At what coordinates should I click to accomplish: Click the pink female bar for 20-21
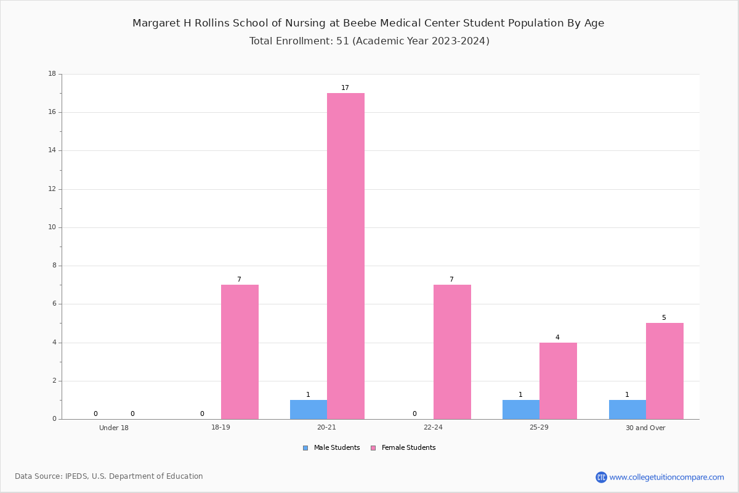pos(345,256)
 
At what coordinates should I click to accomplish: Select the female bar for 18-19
pos(240,352)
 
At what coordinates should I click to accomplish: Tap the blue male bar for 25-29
pos(521,409)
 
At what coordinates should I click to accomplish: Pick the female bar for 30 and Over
pos(664,371)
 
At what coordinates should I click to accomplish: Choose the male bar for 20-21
pos(309,409)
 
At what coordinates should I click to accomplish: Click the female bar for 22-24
pos(452,352)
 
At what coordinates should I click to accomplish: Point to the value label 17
pos(345,88)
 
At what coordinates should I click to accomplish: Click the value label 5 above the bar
pos(664,317)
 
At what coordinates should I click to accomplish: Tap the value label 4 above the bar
pos(557,337)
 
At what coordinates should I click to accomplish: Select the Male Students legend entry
pos(331,447)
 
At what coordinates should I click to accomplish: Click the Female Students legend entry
pos(403,447)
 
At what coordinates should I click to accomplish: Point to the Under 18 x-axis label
pos(114,428)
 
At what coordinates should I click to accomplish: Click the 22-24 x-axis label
pos(433,427)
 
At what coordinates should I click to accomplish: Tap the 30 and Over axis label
pos(645,428)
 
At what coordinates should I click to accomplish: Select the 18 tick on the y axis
pos(52,73)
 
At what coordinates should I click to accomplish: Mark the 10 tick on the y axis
pos(52,227)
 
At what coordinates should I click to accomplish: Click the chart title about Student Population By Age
pos(368,23)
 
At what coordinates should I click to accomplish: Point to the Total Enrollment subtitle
pos(369,41)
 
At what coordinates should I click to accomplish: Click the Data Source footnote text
pos(109,476)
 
